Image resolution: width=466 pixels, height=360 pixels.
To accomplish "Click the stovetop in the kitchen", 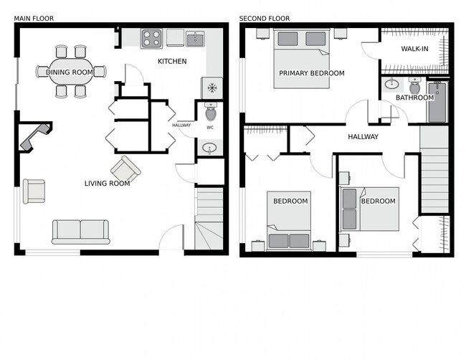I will [x=151, y=38].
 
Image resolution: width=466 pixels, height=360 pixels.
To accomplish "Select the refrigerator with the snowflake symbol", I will [x=211, y=87].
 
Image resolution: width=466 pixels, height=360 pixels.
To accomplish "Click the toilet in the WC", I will [x=211, y=113].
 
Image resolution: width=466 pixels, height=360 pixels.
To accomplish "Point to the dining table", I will [x=70, y=72].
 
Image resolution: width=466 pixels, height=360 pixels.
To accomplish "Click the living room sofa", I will [x=80, y=231].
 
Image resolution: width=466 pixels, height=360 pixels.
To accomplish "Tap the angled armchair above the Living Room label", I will [x=126, y=169].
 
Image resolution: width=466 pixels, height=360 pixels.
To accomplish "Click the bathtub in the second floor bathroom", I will [x=437, y=103].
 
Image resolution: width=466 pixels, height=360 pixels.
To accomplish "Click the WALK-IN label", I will [x=415, y=49].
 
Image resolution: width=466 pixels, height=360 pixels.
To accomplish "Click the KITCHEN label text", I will [x=172, y=62].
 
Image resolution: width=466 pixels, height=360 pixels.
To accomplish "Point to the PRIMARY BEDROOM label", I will [x=311, y=73].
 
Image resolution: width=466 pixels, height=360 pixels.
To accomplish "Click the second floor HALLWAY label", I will [x=363, y=137].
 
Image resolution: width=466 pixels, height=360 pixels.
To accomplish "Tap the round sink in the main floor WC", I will [x=210, y=148].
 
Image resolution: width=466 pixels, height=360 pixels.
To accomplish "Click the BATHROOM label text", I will [x=414, y=98].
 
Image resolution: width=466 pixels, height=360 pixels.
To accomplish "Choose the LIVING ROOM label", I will [x=107, y=184].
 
